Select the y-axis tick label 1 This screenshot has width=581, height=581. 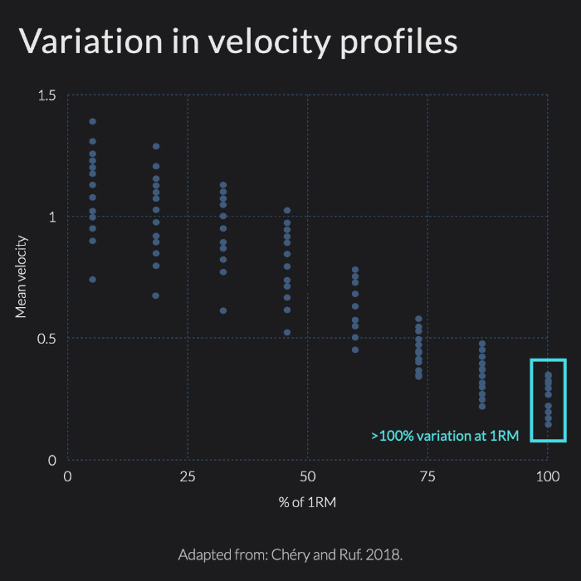[x=51, y=217]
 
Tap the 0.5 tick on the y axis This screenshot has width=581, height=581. [x=46, y=338]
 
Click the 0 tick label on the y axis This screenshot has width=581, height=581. [x=51, y=460]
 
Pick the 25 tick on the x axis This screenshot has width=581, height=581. [x=188, y=477]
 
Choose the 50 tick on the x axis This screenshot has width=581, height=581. [x=307, y=477]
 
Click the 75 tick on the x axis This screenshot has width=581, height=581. [x=427, y=477]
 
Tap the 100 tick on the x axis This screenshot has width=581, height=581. [x=547, y=477]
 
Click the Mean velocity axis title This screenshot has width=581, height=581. [x=22, y=277]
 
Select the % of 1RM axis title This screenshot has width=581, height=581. [x=307, y=502]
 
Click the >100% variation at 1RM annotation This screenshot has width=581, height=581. [x=444, y=435]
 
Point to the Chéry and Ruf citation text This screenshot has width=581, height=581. [x=290, y=554]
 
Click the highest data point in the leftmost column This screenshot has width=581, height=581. [x=92, y=122]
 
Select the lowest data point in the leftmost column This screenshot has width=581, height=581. [x=92, y=280]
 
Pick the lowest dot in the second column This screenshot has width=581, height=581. [x=155, y=295]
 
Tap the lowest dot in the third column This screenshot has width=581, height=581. [x=222, y=310]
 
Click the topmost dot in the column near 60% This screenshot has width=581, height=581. [x=355, y=270]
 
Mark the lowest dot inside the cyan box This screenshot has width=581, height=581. [x=548, y=424]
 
